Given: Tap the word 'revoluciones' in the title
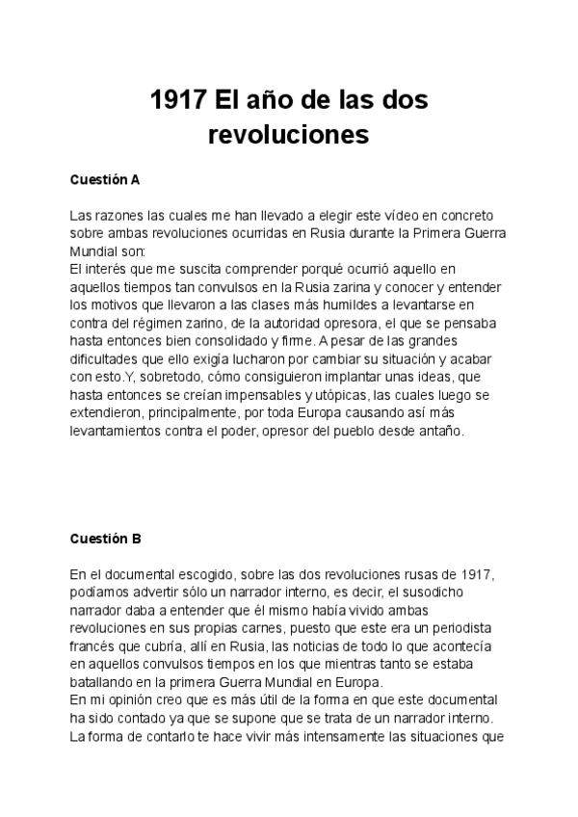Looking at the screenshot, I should pyautogui.click(x=288, y=135).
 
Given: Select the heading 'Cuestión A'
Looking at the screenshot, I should pyautogui.click(x=105, y=179).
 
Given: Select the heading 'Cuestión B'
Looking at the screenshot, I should pyautogui.click(x=105, y=538).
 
